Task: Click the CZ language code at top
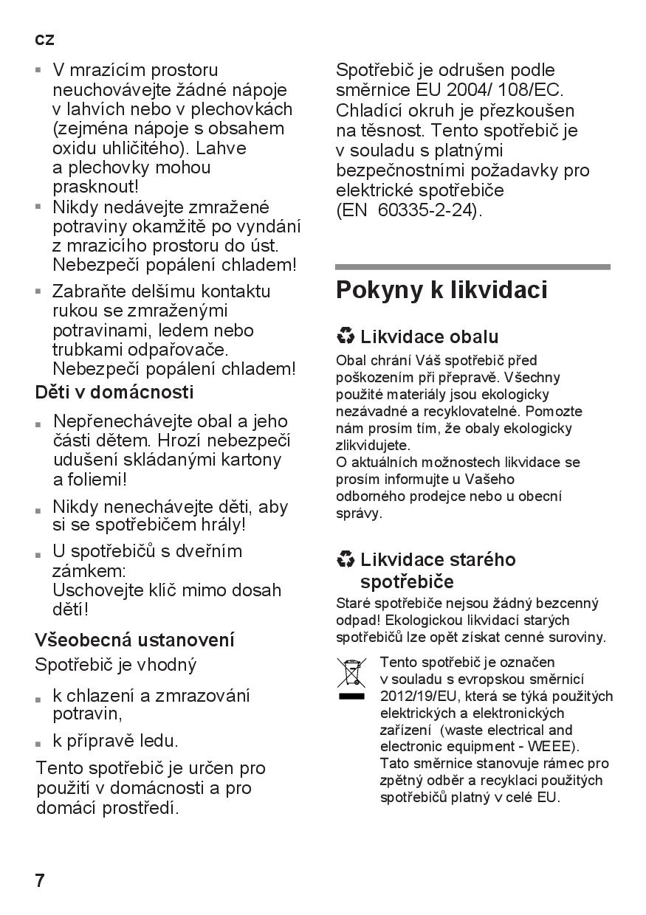[x=44, y=40]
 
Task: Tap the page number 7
[x=41, y=880]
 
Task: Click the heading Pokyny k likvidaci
[x=441, y=290]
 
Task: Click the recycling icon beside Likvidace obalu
[x=345, y=336]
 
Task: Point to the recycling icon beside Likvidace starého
[x=345, y=559]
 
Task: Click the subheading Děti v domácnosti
[x=114, y=392]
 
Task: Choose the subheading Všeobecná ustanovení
[x=134, y=639]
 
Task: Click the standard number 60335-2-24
[x=427, y=210]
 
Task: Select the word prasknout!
[x=95, y=187]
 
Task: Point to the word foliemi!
[x=90, y=479]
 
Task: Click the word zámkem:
[x=89, y=570]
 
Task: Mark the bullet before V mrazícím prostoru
[x=39, y=71]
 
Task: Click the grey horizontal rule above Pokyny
[x=473, y=266]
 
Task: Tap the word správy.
[x=359, y=513]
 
